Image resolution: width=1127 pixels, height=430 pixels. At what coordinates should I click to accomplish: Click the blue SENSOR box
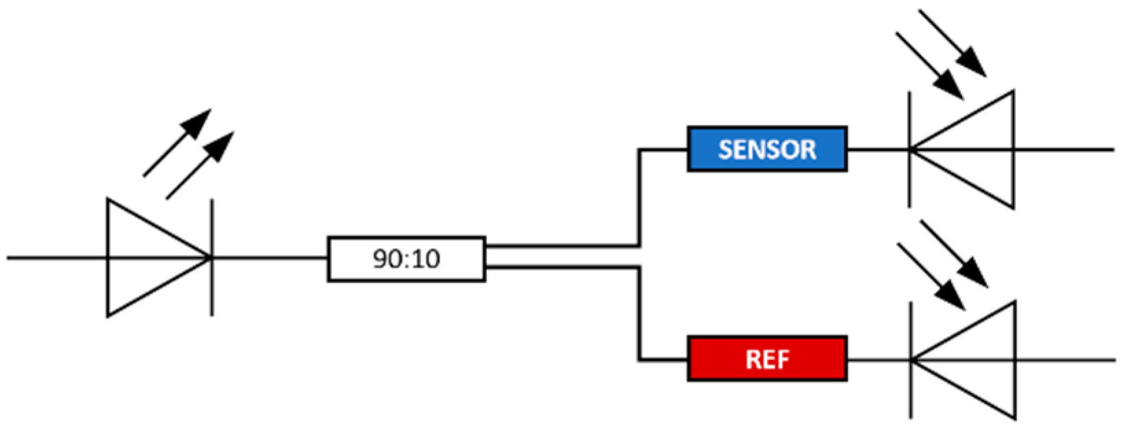pyautogui.click(x=766, y=149)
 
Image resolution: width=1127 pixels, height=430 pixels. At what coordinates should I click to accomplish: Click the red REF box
pyautogui.click(x=766, y=359)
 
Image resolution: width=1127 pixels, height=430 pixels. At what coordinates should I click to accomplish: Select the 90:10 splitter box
pyautogui.click(x=407, y=259)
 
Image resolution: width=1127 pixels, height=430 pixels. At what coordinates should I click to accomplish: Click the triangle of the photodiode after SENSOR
pyautogui.click(x=975, y=149)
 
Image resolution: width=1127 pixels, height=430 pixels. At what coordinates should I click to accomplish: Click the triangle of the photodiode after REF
pyautogui.click(x=975, y=359)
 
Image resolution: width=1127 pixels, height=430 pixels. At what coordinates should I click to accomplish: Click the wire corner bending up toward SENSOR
pyautogui.click(x=640, y=245)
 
